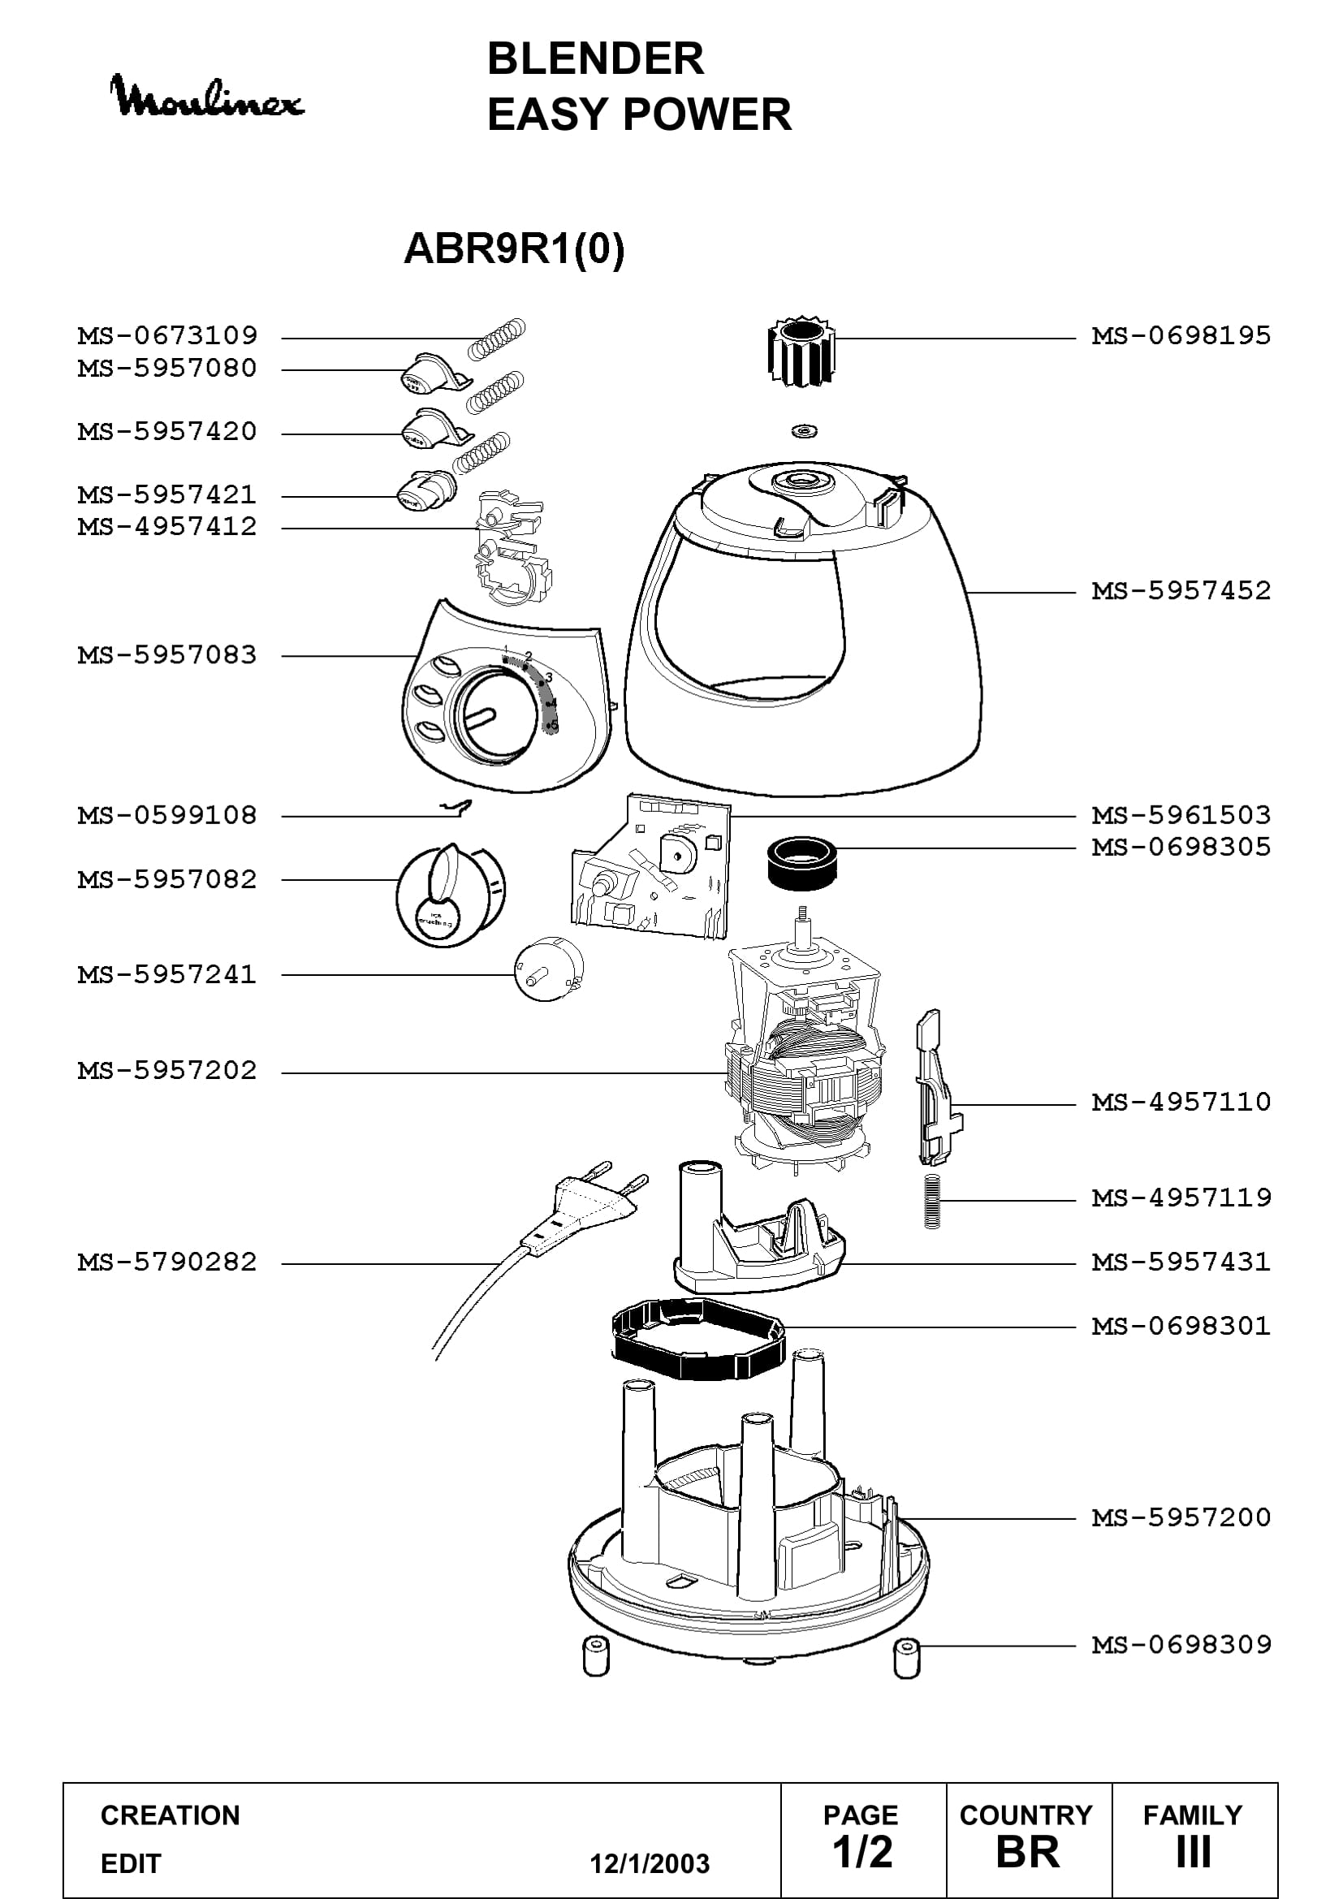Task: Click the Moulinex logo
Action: (x=207, y=97)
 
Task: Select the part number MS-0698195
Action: (x=1181, y=336)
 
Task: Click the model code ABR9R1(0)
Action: (x=513, y=248)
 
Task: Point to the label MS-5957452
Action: (x=1181, y=590)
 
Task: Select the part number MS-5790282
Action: (x=167, y=1262)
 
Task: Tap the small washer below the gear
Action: (x=803, y=431)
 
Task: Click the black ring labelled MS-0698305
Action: (x=801, y=864)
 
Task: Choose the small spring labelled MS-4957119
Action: (x=932, y=1202)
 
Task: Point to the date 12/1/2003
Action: (x=650, y=1863)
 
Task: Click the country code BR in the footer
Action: (x=1028, y=1852)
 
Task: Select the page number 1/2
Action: (x=862, y=1852)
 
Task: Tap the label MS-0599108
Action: (x=167, y=815)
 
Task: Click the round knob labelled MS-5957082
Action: (x=451, y=895)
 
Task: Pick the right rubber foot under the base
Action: (x=907, y=1658)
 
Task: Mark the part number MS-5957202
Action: (x=167, y=1070)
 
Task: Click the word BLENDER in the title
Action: (x=595, y=58)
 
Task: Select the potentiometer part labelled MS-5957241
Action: (x=548, y=969)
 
